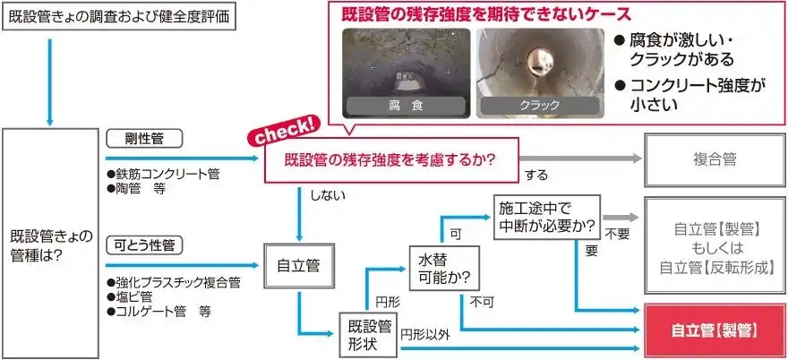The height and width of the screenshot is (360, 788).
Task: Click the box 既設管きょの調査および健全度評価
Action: point(120,18)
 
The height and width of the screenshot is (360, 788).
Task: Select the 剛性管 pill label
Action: point(145,139)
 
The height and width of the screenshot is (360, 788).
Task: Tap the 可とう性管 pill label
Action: point(145,245)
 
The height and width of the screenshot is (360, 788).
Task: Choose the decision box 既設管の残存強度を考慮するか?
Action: point(391,160)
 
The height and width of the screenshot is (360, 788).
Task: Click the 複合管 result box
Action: point(715,160)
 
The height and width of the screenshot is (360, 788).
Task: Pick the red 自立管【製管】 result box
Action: point(715,330)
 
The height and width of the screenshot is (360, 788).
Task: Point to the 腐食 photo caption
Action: point(406,106)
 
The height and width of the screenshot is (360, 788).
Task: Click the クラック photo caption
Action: point(540,106)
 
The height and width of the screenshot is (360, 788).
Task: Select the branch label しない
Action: point(327,195)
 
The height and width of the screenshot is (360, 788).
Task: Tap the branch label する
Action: point(535,176)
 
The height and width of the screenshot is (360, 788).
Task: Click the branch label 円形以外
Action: point(425,335)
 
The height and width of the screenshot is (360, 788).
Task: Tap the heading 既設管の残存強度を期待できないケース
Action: point(486,14)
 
